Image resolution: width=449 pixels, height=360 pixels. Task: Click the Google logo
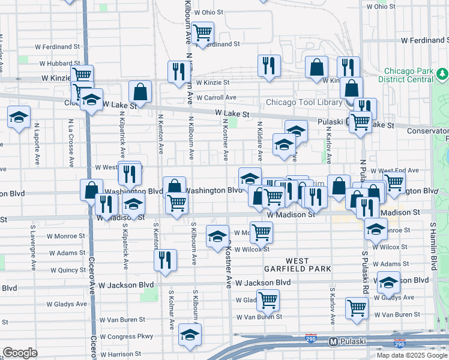(x=20, y=353)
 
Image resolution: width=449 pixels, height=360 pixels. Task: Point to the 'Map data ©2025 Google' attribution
(x=411, y=355)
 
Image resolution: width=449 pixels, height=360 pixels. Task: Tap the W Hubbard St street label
(x=59, y=64)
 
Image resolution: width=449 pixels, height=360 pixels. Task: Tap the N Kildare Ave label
(x=260, y=142)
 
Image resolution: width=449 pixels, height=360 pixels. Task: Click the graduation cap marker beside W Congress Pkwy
(x=190, y=335)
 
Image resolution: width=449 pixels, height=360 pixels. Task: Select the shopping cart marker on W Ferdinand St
(x=203, y=32)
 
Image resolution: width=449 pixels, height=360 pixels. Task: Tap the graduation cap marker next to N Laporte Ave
(x=19, y=116)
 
